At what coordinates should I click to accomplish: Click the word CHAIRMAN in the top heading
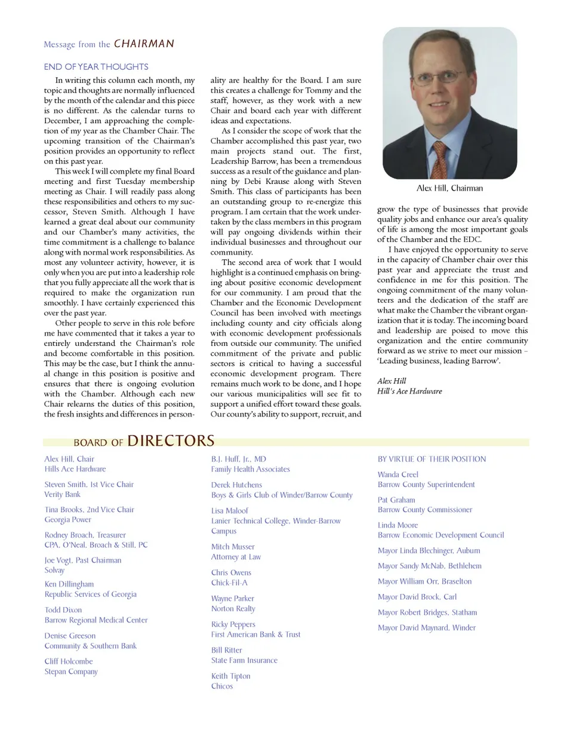pos(144,44)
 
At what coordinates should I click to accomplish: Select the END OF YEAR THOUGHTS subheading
pos(96,67)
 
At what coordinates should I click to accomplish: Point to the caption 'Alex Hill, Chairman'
pos(449,188)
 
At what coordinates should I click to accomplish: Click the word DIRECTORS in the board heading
pos(171,441)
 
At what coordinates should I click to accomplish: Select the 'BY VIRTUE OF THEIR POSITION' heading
pos(432,459)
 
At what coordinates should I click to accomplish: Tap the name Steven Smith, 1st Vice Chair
pos(89,485)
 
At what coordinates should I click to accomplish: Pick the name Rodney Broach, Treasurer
pos(85,535)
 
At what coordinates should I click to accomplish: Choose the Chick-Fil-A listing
pos(229,582)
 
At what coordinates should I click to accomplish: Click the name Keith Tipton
pos(231,676)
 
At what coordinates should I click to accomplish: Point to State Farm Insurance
pos(244,660)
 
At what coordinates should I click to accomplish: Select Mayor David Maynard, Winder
pos(427,628)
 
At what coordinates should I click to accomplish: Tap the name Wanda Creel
pos(398,474)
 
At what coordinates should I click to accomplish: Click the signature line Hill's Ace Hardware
pos(409,391)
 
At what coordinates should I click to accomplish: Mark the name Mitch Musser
pos(233,547)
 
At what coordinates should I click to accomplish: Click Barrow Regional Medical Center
pos(96,620)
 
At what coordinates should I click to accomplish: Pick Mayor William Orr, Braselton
pos(424,581)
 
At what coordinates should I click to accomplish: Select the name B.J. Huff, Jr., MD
pos(239,459)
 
